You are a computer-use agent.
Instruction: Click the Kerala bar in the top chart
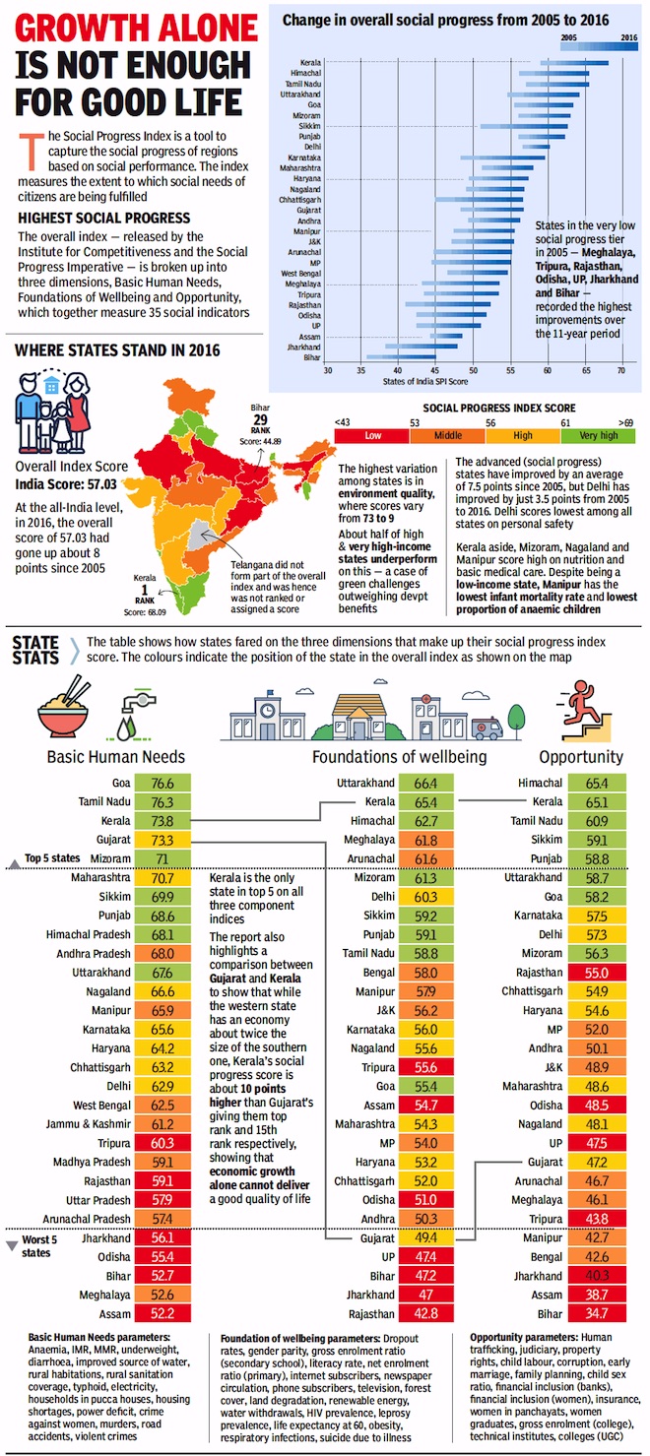coord(574,63)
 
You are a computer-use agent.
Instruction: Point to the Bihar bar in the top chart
coord(401,356)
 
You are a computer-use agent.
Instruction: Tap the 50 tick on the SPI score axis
coord(473,370)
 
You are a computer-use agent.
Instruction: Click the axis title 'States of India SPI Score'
coord(425,382)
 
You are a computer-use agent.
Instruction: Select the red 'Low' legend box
coord(372,435)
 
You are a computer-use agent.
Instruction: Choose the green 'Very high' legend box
coord(598,435)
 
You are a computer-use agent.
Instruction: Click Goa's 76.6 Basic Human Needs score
coord(162,784)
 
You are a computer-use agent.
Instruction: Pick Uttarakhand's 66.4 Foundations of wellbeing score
coord(425,784)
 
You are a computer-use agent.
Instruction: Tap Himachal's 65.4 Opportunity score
coord(597,784)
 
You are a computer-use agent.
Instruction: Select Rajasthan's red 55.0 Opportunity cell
coord(597,973)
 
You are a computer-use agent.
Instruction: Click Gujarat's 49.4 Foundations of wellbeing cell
coord(425,1238)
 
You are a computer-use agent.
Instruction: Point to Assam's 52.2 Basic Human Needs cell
coord(162,1313)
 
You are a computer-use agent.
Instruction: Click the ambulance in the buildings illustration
coord(487,728)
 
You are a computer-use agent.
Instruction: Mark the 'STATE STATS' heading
coord(36,651)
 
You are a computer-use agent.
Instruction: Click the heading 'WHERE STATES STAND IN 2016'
coord(117,351)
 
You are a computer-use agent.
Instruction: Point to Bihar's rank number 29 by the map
coord(260,420)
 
